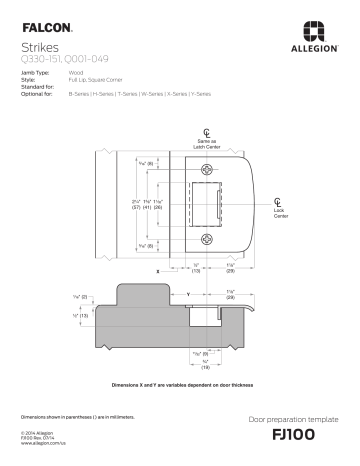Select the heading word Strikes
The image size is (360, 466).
coord(39,47)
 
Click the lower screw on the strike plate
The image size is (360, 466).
coord(208,239)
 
